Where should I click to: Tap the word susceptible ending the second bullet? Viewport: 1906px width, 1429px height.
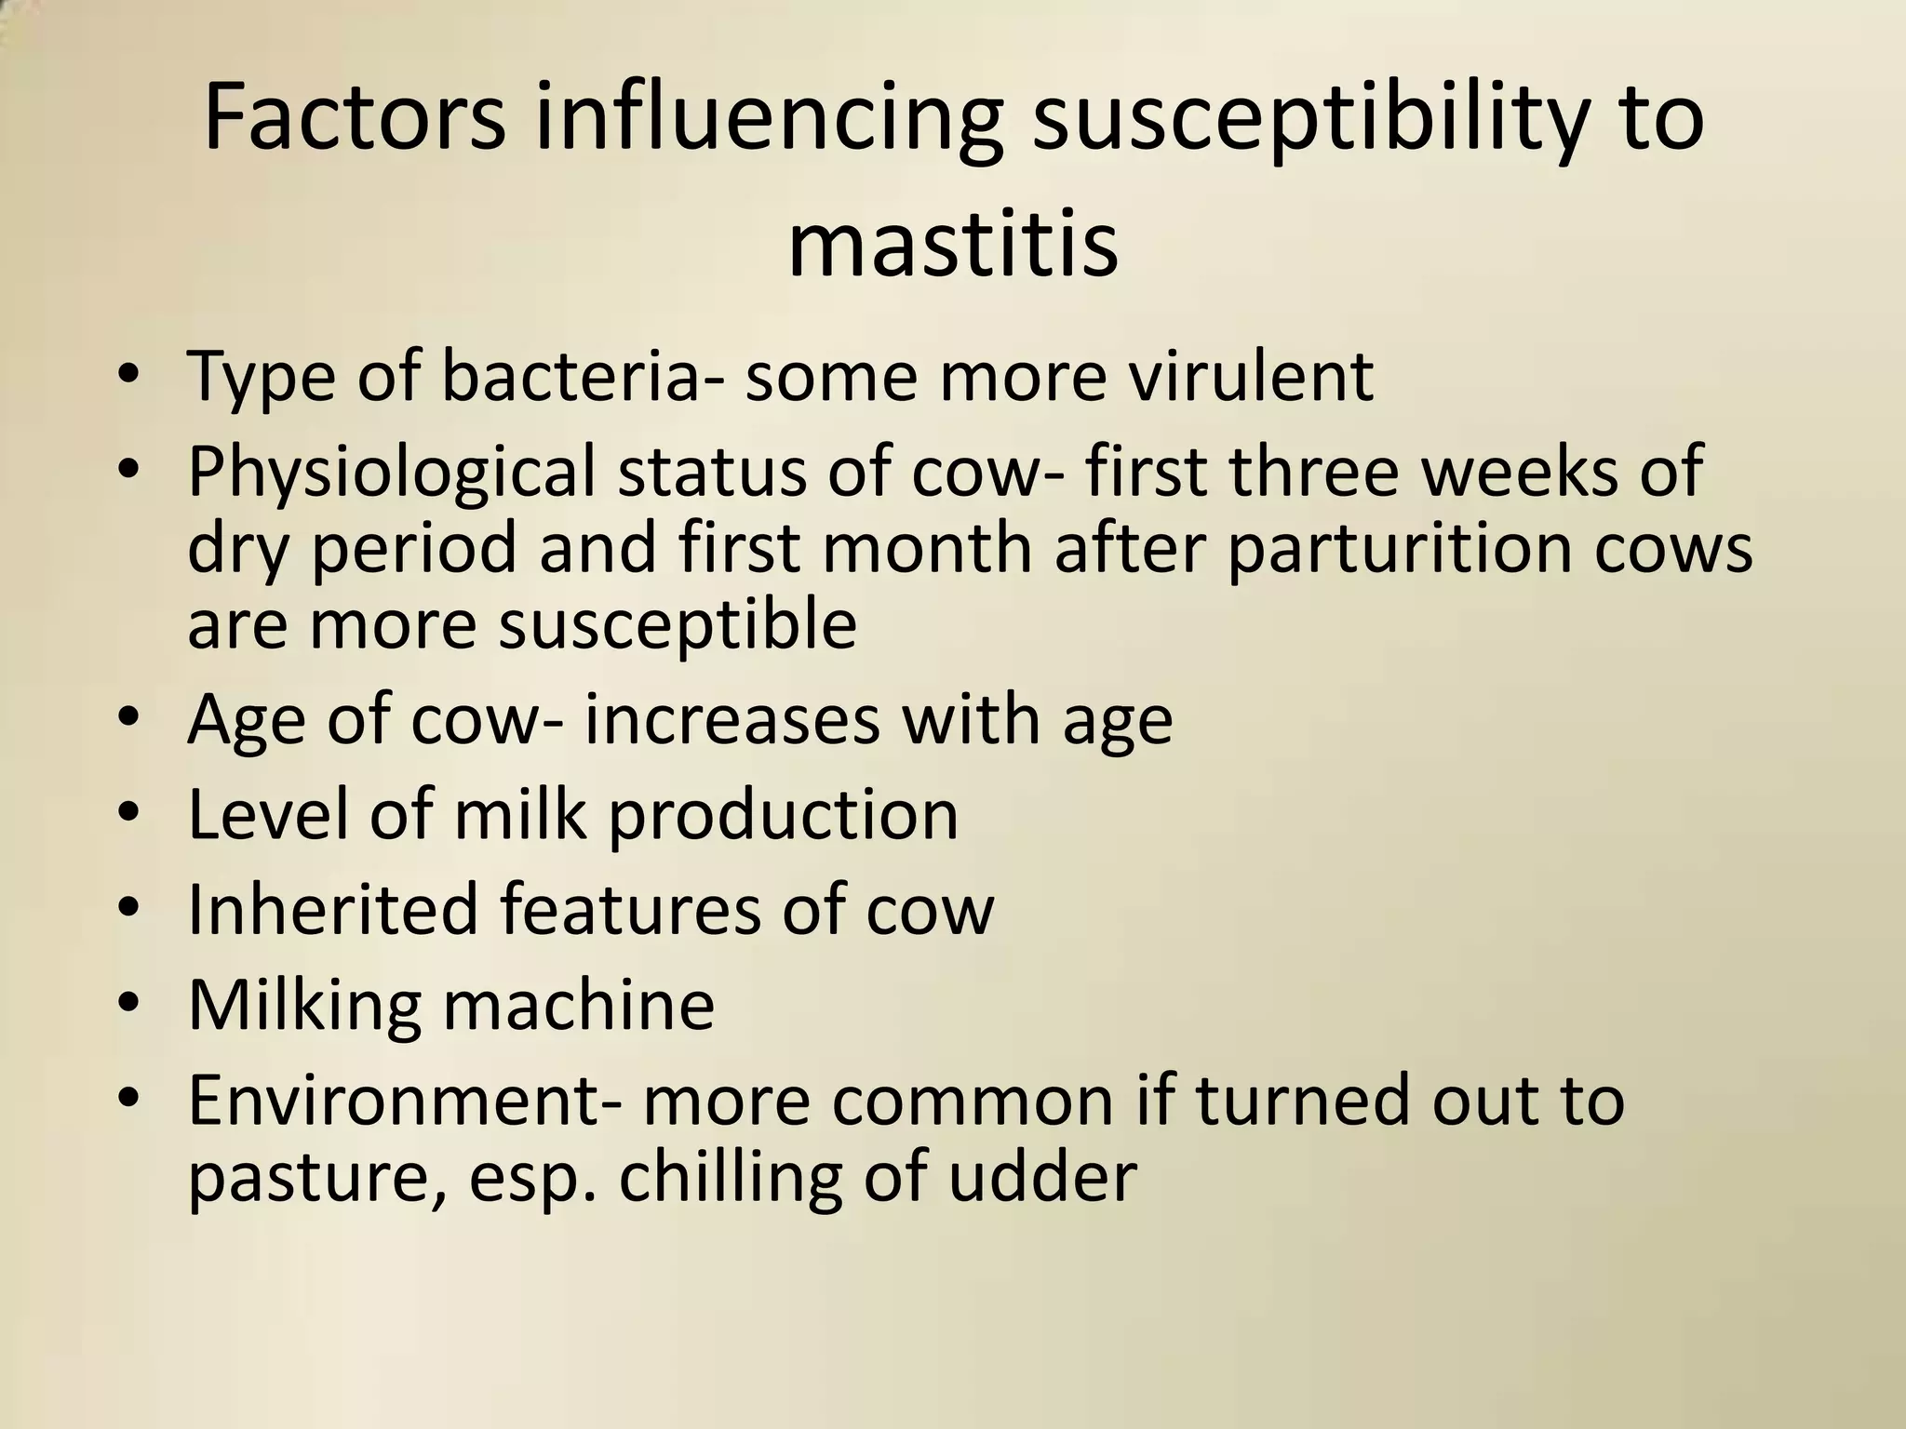(x=678, y=624)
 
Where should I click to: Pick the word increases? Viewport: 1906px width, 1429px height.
(x=732, y=722)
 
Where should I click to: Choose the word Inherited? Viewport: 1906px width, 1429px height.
(x=333, y=909)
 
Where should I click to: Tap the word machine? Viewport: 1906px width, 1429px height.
(x=577, y=1005)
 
